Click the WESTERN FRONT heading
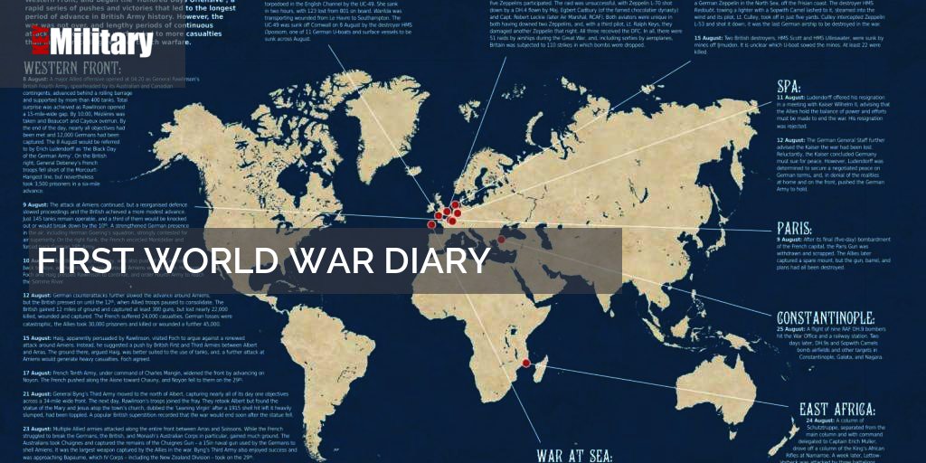point(72,70)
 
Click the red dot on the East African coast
point(541,366)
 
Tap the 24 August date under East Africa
point(817,420)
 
